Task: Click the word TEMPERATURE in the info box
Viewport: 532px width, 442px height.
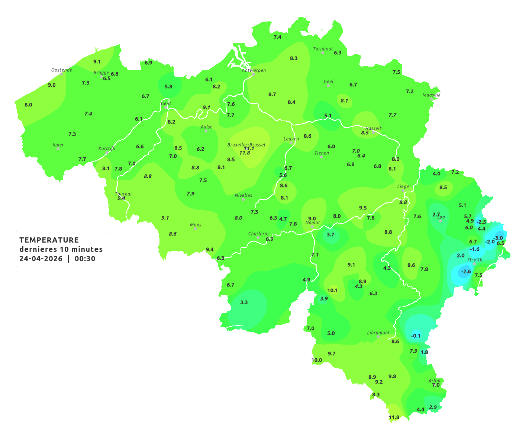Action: pyautogui.click(x=49, y=240)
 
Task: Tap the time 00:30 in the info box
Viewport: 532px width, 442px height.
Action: pyautogui.click(x=85, y=259)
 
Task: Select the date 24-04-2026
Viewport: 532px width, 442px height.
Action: pyautogui.click(x=41, y=259)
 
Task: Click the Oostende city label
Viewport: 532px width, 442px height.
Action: pyautogui.click(x=61, y=70)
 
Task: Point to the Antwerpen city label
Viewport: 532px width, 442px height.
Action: pyautogui.click(x=254, y=70)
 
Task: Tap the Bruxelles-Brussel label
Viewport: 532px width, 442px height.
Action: pyautogui.click(x=246, y=144)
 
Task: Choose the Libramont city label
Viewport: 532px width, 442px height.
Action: pyautogui.click(x=378, y=333)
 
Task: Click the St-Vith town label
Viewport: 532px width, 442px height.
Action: pyautogui.click(x=475, y=260)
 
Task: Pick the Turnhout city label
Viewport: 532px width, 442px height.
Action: pyautogui.click(x=323, y=49)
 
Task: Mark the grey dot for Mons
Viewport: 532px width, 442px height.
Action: pyautogui.click(x=195, y=229)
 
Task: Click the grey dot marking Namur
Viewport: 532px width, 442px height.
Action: pyautogui.click(x=312, y=227)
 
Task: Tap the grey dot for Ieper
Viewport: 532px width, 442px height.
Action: pyautogui.click(x=58, y=148)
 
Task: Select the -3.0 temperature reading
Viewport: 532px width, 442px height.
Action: pyautogui.click(x=498, y=238)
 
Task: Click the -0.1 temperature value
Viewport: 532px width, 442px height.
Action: pyautogui.click(x=416, y=336)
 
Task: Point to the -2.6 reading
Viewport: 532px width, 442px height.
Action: pyautogui.click(x=466, y=272)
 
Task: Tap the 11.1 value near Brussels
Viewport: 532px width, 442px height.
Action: pyautogui.click(x=249, y=148)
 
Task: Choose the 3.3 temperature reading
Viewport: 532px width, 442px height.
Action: pyautogui.click(x=244, y=302)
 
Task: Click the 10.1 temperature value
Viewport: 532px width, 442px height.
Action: pyautogui.click(x=332, y=290)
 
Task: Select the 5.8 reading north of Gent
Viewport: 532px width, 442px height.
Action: pyautogui.click(x=168, y=86)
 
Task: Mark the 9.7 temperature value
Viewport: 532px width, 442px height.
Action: pyautogui.click(x=332, y=353)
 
